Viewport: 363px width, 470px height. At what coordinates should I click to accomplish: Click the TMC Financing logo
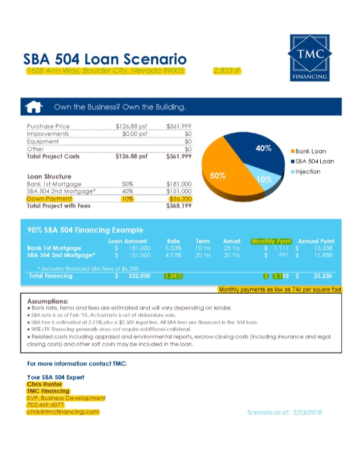pos(310,57)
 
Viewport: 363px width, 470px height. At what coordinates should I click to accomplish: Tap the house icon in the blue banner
pos(35,107)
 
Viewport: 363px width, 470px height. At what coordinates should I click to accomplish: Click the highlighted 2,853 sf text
pos(227,71)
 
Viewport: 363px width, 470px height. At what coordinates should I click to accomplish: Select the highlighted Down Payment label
pos(49,199)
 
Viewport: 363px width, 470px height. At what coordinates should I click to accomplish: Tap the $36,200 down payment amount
pos(180,199)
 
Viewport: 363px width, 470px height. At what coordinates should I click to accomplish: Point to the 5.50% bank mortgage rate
pos(173,249)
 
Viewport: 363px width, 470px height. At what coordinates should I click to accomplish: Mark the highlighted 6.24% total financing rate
pos(173,276)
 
